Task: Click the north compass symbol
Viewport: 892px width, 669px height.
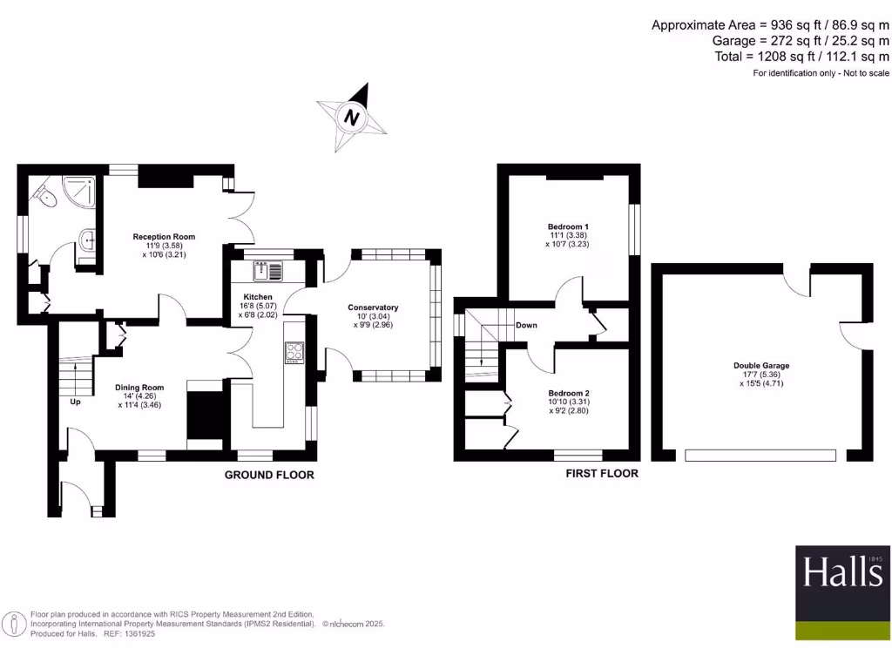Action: tap(352, 118)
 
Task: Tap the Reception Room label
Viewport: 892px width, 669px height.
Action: tap(164, 236)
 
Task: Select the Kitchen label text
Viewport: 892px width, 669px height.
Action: tap(258, 297)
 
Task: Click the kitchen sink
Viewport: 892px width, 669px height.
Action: tap(269, 272)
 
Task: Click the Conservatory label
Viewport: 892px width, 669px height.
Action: tap(373, 307)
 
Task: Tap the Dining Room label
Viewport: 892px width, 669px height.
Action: tap(139, 388)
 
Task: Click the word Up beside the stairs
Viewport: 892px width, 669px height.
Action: tap(76, 402)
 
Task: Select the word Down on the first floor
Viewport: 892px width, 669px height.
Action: tap(526, 325)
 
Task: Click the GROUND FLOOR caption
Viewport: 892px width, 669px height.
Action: tap(269, 475)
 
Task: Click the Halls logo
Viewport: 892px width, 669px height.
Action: tap(842, 572)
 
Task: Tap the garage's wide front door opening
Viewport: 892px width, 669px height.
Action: tap(760, 455)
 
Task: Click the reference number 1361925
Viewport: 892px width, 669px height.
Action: tap(135, 633)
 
